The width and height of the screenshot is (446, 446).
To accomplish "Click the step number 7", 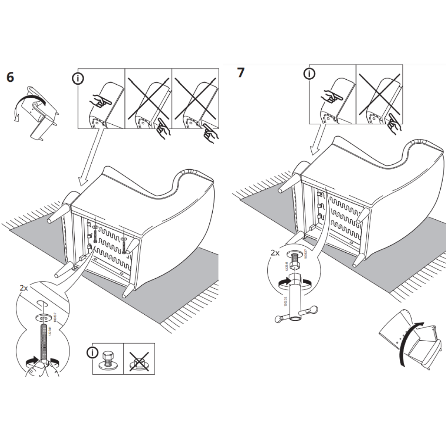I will pyautogui.click(x=240, y=73).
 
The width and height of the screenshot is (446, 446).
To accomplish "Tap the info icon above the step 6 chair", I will pyautogui.click(x=77, y=79).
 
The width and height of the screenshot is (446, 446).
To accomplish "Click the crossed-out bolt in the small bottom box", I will pyautogui.click(x=139, y=358).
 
